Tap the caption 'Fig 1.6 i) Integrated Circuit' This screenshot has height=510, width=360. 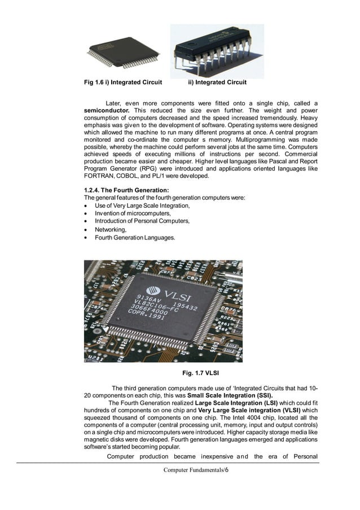(123, 82)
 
